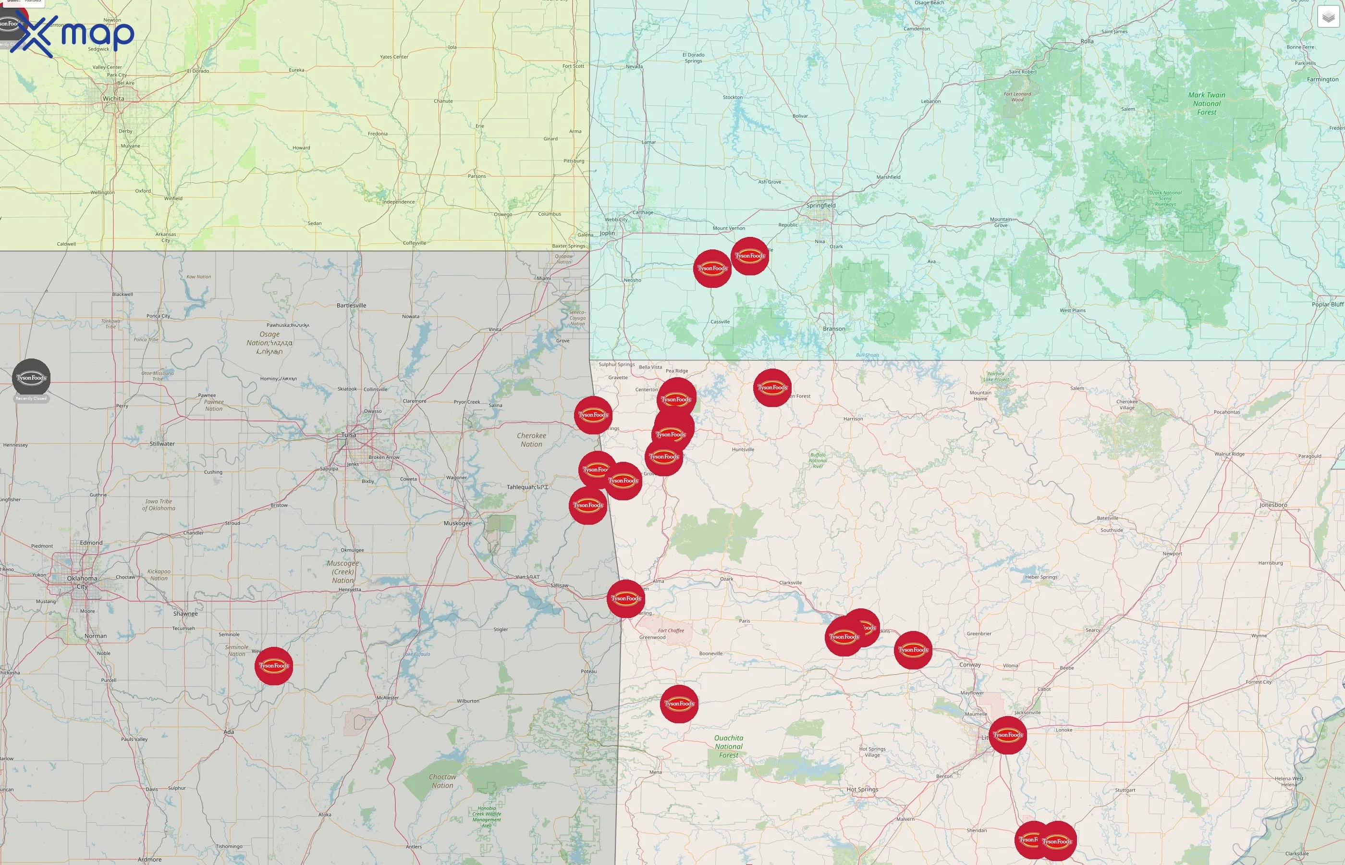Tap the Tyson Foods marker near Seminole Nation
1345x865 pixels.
click(x=274, y=666)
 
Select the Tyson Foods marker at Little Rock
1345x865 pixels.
click(x=1008, y=735)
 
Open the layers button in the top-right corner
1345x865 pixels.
click(x=1328, y=17)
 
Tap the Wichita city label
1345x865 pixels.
click(x=113, y=99)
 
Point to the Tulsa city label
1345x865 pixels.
click(x=349, y=435)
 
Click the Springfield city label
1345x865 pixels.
click(x=821, y=206)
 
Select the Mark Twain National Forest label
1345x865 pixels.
click(x=1207, y=103)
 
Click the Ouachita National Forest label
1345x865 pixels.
click(x=729, y=746)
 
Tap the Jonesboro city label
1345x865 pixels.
click(x=1273, y=505)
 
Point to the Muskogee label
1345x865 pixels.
click(x=457, y=523)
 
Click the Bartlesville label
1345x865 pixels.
click(x=352, y=306)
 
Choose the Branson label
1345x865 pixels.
click(x=833, y=329)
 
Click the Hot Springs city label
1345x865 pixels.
click(x=862, y=789)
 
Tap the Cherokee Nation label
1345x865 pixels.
click(x=531, y=440)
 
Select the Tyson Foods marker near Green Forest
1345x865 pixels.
click(x=772, y=387)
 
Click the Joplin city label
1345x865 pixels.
click(x=607, y=233)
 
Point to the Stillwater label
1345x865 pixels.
click(x=162, y=444)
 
